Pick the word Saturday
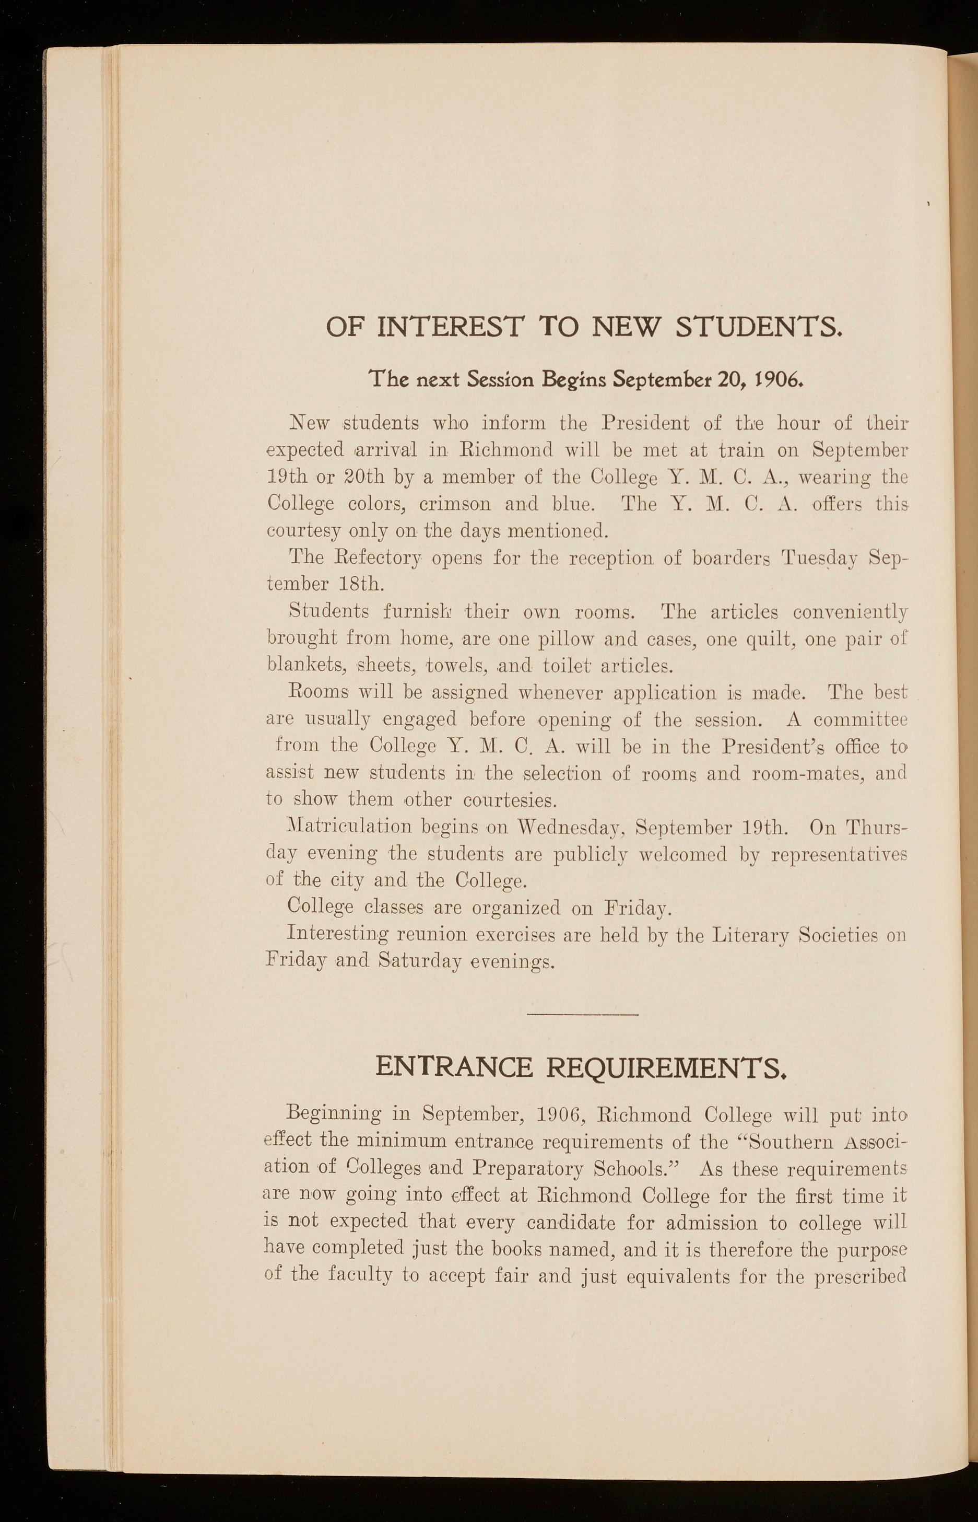click(x=419, y=961)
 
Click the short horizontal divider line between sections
click(x=582, y=1014)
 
